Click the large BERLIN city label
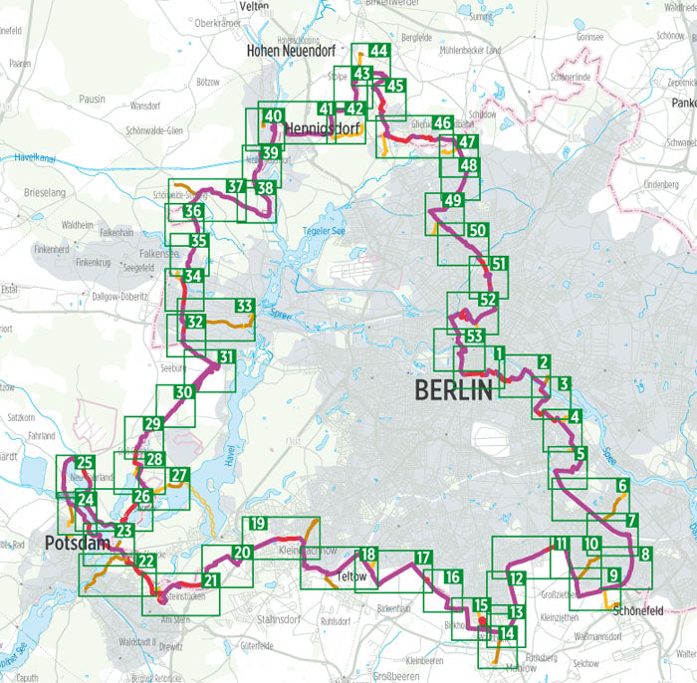[454, 389]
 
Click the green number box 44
[378, 52]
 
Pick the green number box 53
[475, 335]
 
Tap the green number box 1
[499, 353]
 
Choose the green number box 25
[85, 462]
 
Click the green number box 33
[244, 306]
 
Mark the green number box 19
[257, 525]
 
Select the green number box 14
[507, 633]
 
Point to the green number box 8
[644, 555]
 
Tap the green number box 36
[194, 212]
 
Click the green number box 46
[444, 123]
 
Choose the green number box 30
[182, 393]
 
